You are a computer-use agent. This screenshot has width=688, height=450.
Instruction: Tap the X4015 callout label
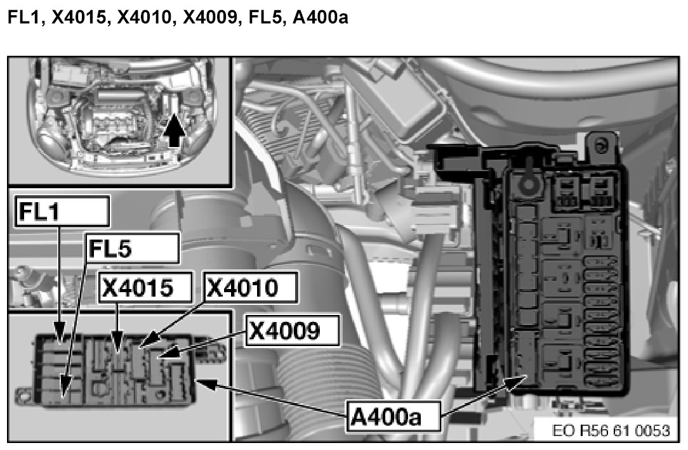[x=146, y=289]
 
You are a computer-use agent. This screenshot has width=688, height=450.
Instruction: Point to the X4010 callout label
[x=251, y=289]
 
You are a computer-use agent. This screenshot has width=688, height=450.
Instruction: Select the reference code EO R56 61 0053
[x=611, y=431]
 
